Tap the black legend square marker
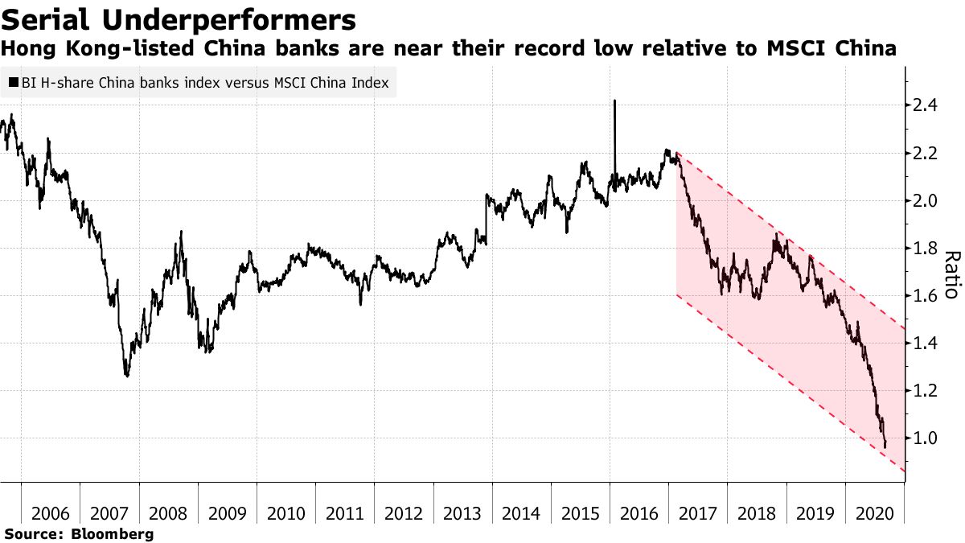pyautogui.click(x=13, y=83)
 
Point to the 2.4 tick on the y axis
pyautogui.click(x=929, y=105)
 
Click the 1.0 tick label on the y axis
pyautogui.click(x=929, y=438)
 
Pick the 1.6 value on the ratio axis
pyautogui.click(x=929, y=296)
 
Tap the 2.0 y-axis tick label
pyautogui.click(x=929, y=200)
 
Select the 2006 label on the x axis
pyautogui.click(x=51, y=513)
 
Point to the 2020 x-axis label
pyautogui.click(x=875, y=513)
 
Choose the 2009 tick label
pyautogui.click(x=228, y=513)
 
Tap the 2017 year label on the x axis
pyautogui.click(x=698, y=513)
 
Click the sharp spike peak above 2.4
pyautogui.click(x=614, y=101)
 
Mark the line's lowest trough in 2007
pyautogui.click(x=126, y=375)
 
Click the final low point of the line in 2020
pyautogui.click(x=885, y=446)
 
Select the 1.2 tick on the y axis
pyautogui.click(x=929, y=391)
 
